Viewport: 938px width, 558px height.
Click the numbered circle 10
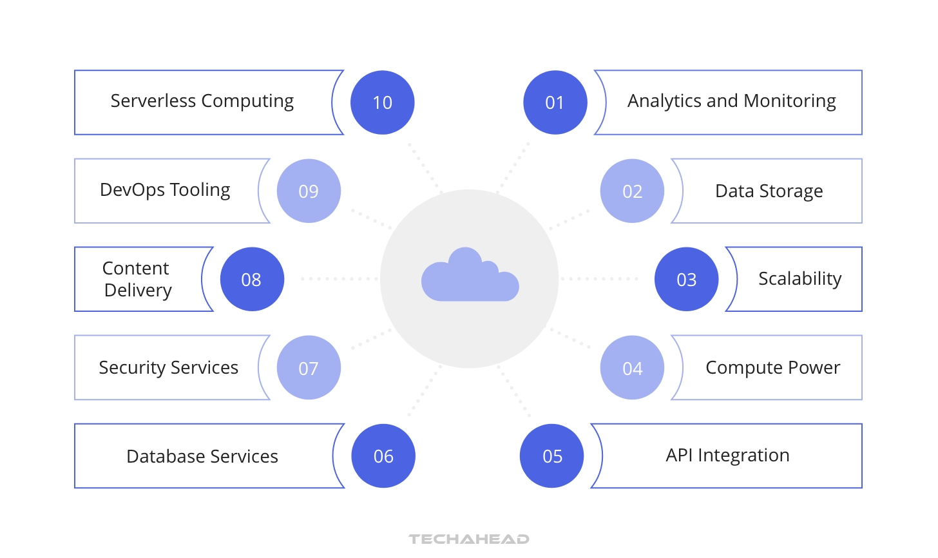(382, 102)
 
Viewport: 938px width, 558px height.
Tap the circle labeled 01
(555, 102)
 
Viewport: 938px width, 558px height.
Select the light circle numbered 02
(632, 191)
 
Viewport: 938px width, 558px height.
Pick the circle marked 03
(686, 279)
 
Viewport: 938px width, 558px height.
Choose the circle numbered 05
(552, 456)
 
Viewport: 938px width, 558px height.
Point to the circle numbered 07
(309, 368)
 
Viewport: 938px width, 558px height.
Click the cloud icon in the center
(470, 275)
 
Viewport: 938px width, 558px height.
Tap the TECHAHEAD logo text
(469, 539)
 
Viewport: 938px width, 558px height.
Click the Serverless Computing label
(202, 101)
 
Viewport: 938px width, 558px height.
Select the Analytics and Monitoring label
(732, 101)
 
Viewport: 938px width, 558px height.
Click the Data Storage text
(769, 191)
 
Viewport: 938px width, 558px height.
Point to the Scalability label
(799, 279)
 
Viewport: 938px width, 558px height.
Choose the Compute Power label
(773, 368)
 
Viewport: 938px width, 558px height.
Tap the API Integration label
(728, 456)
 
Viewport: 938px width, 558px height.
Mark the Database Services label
(202, 457)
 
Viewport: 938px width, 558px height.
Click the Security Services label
(169, 368)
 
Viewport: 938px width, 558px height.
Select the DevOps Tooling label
(165, 190)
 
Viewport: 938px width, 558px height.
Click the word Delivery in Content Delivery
(139, 291)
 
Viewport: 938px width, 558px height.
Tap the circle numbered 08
(252, 279)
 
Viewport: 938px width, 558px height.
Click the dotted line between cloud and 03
(599, 279)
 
